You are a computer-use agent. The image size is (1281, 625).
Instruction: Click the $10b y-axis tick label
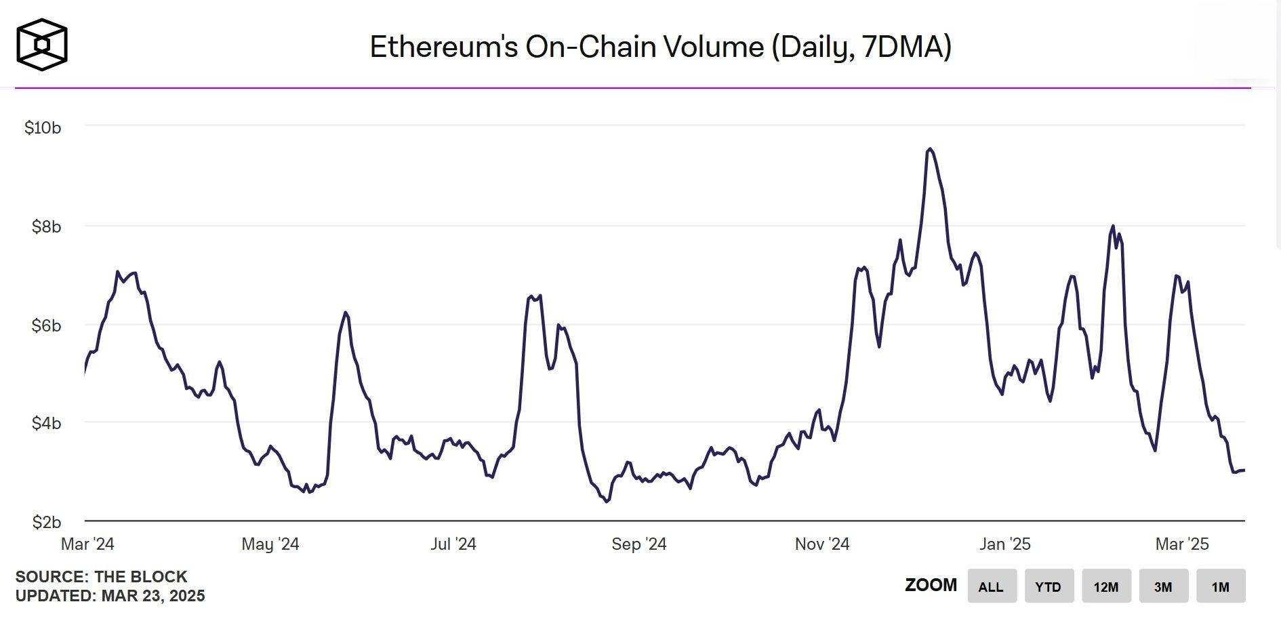[43, 127]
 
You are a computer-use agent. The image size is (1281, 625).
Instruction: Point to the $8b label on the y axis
[46, 226]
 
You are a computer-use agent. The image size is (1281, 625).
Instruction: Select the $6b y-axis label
[46, 325]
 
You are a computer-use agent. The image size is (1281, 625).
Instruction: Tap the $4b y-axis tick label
[46, 424]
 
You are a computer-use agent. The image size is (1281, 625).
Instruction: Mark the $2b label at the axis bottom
[46, 522]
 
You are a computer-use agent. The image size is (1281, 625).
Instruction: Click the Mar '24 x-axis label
[87, 544]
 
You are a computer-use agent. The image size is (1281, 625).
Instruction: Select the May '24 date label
[270, 544]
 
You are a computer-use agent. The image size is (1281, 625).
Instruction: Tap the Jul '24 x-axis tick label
[453, 544]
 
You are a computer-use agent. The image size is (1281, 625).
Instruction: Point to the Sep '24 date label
[638, 544]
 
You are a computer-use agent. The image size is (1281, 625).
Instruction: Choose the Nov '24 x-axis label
[822, 544]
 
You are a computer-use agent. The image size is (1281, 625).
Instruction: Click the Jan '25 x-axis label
[1005, 544]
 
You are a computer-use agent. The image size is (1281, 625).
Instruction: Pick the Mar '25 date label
[1182, 544]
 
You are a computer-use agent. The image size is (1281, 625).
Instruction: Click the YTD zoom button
[1049, 586]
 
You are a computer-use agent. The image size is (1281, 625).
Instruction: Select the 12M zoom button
[1106, 586]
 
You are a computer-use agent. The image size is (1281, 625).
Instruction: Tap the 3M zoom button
[1163, 586]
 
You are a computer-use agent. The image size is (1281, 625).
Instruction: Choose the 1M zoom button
[1221, 586]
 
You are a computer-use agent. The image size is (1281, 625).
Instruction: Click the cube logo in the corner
[42, 45]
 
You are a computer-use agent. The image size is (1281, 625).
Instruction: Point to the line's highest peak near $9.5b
[930, 149]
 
